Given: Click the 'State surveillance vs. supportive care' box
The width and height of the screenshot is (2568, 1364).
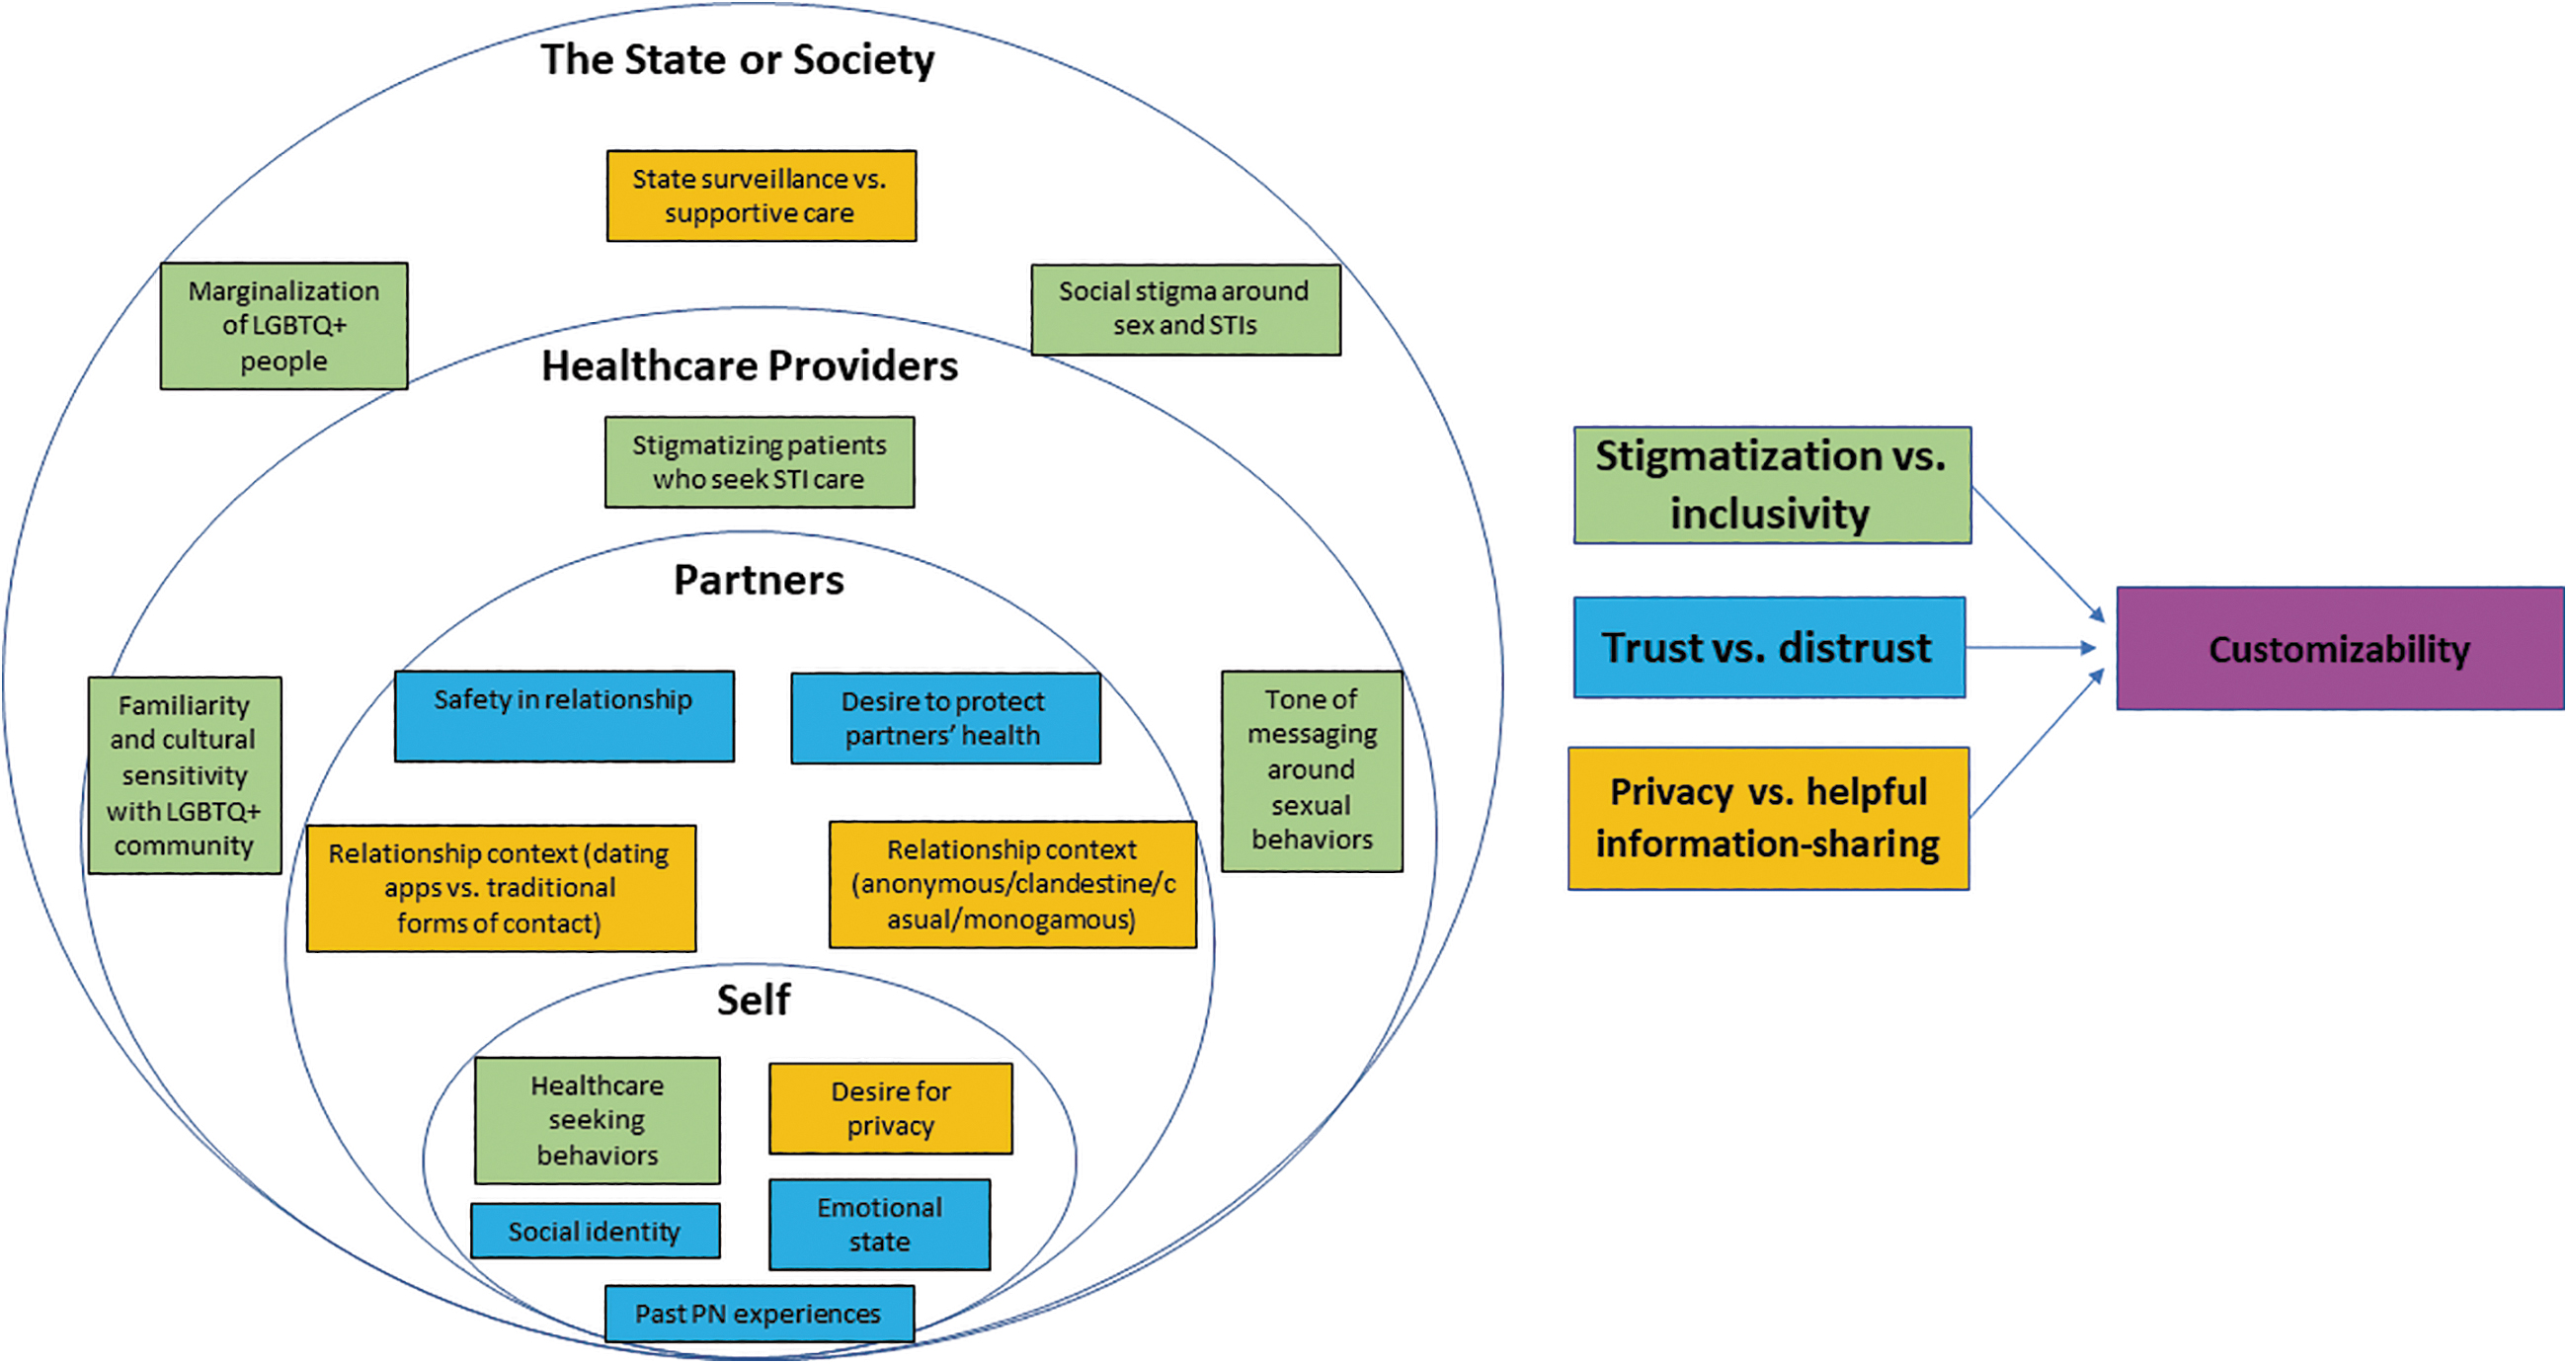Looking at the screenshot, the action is (762, 196).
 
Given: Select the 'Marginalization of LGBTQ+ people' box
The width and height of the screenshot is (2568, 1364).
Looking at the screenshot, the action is (284, 326).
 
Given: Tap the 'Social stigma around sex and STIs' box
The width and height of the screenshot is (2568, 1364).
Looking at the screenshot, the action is (1186, 309).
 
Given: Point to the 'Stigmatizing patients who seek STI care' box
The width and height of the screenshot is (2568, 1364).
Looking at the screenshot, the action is (760, 461).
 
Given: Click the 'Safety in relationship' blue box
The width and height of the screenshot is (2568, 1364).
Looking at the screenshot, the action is (564, 716).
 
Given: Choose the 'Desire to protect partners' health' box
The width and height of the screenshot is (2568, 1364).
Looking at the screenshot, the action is (946, 718).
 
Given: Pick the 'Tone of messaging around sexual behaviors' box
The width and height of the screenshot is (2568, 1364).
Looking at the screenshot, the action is (1312, 770).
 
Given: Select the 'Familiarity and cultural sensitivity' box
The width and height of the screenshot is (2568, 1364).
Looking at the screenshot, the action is (185, 775).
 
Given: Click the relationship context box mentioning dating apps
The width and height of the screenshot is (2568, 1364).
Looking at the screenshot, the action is (502, 888).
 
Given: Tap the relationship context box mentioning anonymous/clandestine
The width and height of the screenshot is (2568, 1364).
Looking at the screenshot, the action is (1012, 884).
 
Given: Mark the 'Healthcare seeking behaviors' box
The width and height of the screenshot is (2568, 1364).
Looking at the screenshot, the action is (598, 1121).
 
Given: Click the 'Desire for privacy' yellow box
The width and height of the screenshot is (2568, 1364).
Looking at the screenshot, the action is (891, 1109).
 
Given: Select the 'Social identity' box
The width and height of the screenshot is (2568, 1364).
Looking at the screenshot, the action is (596, 1232).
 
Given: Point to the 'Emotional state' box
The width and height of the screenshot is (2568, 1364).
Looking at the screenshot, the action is (879, 1225).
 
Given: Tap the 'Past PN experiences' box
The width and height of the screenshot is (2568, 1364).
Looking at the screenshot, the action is (760, 1315).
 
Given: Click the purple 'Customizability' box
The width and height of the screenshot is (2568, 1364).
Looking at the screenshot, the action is (2341, 649).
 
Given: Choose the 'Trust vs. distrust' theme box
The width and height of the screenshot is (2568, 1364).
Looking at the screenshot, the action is (1770, 647).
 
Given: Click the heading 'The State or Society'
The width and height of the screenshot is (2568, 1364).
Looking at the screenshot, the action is (738, 60).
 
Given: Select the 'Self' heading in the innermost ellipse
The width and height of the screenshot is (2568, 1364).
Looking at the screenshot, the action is (754, 1001).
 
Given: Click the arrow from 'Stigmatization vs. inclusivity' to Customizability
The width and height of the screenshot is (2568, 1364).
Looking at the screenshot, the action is (2038, 554).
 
